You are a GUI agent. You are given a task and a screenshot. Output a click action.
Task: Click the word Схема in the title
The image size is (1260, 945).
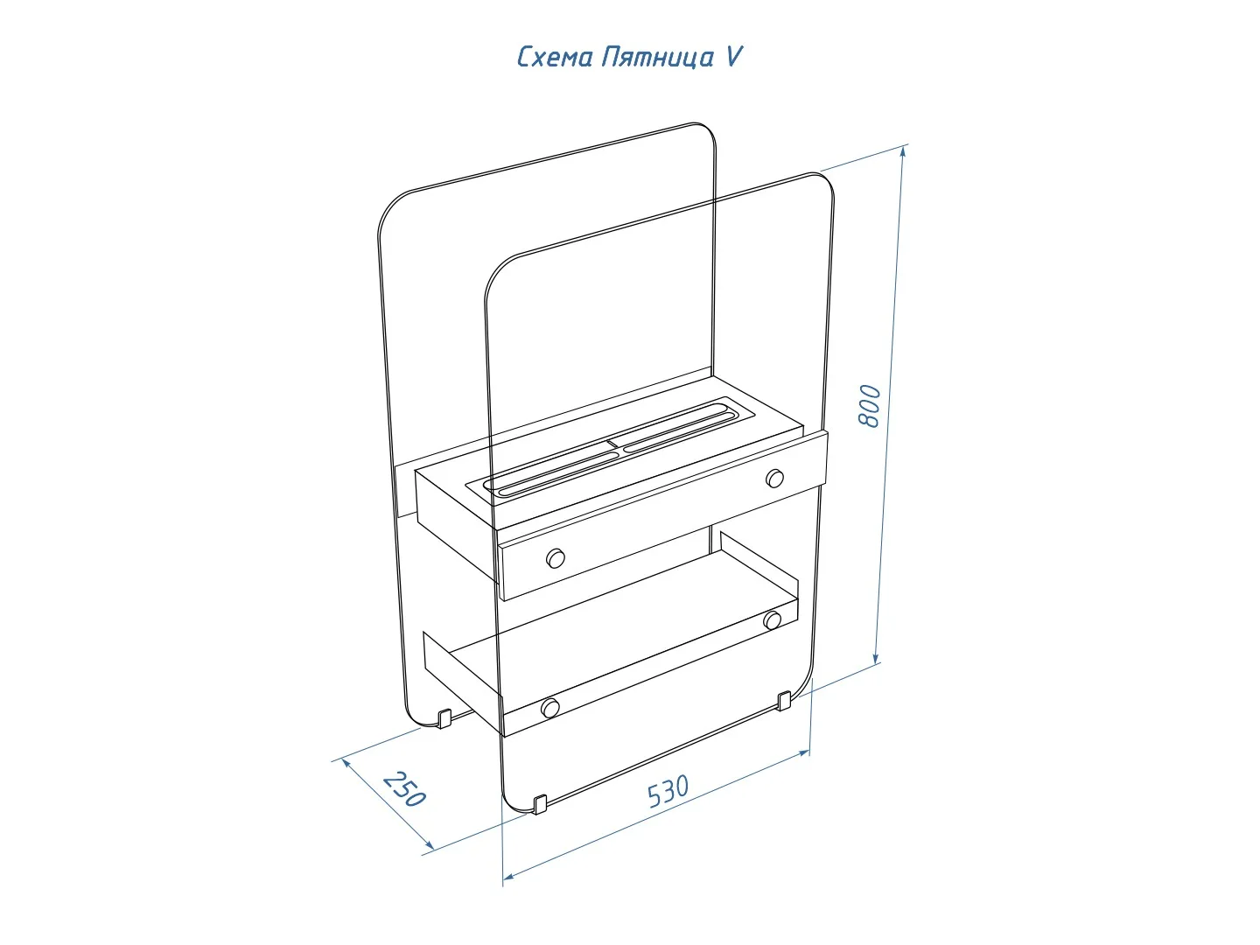pos(555,58)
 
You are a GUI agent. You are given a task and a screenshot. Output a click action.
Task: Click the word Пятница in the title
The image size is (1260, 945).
pos(657,58)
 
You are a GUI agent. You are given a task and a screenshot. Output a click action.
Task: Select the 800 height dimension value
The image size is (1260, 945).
pos(869,406)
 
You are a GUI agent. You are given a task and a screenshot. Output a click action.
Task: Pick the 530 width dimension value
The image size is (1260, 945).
pos(668,791)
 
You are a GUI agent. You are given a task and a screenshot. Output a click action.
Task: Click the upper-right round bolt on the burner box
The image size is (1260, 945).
pos(775,478)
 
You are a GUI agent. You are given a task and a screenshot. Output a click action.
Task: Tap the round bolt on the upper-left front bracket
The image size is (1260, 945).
pos(555,558)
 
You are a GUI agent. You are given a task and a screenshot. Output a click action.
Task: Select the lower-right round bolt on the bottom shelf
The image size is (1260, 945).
pos(772,619)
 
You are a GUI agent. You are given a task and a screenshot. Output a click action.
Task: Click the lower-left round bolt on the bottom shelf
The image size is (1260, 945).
pos(549,708)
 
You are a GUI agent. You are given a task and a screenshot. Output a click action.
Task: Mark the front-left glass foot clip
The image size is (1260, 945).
pos(540,804)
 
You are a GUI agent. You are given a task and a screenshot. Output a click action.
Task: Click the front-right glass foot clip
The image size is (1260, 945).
pos(785,702)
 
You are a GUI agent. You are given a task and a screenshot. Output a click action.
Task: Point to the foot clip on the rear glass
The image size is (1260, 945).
pos(444,718)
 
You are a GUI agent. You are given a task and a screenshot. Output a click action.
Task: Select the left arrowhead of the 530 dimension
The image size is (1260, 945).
pos(508,876)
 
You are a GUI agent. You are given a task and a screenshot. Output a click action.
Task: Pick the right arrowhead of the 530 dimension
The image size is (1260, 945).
pos(803,752)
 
